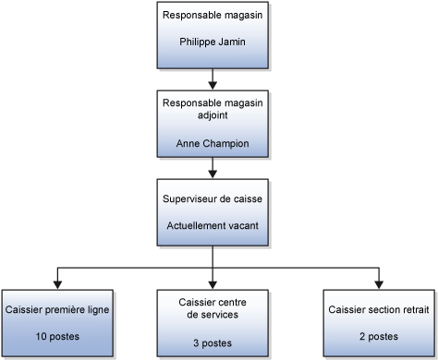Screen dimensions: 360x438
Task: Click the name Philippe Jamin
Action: pos(213,42)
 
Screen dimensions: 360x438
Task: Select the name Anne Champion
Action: pos(213,143)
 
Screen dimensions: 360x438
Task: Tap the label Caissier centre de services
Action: pos(213,307)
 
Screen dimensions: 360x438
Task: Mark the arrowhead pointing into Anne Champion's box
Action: pos(213,83)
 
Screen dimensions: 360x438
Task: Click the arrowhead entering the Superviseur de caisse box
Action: pos(213,174)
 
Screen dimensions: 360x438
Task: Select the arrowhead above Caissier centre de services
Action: pos(213,283)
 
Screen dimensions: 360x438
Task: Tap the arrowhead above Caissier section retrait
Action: pos(378,283)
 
